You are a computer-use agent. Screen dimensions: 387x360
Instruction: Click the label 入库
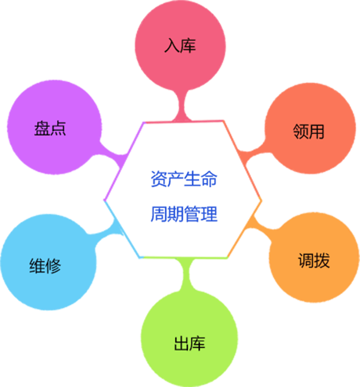click(x=180, y=46)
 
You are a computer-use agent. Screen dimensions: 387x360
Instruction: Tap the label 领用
click(x=308, y=131)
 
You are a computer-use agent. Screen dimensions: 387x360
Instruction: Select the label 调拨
click(x=314, y=261)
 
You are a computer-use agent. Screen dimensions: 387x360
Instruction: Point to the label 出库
click(x=189, y=344)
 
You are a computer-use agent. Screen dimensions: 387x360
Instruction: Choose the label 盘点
click(x=50, y=128)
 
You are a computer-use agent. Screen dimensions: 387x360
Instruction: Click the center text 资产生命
click(x=184, y=179)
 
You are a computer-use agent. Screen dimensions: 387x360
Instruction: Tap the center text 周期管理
click(x=184, y=214)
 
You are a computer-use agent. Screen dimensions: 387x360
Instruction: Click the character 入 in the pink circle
click(x=172, y=46)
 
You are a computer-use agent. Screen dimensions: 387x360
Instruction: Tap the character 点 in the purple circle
click(x=58, y=128)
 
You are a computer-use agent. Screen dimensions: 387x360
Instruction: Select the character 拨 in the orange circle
click(x=322, y=261)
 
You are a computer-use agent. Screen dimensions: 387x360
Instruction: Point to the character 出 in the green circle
click(x=181, y=344)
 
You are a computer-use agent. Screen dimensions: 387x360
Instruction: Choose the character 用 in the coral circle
click(x=316, y=131)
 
